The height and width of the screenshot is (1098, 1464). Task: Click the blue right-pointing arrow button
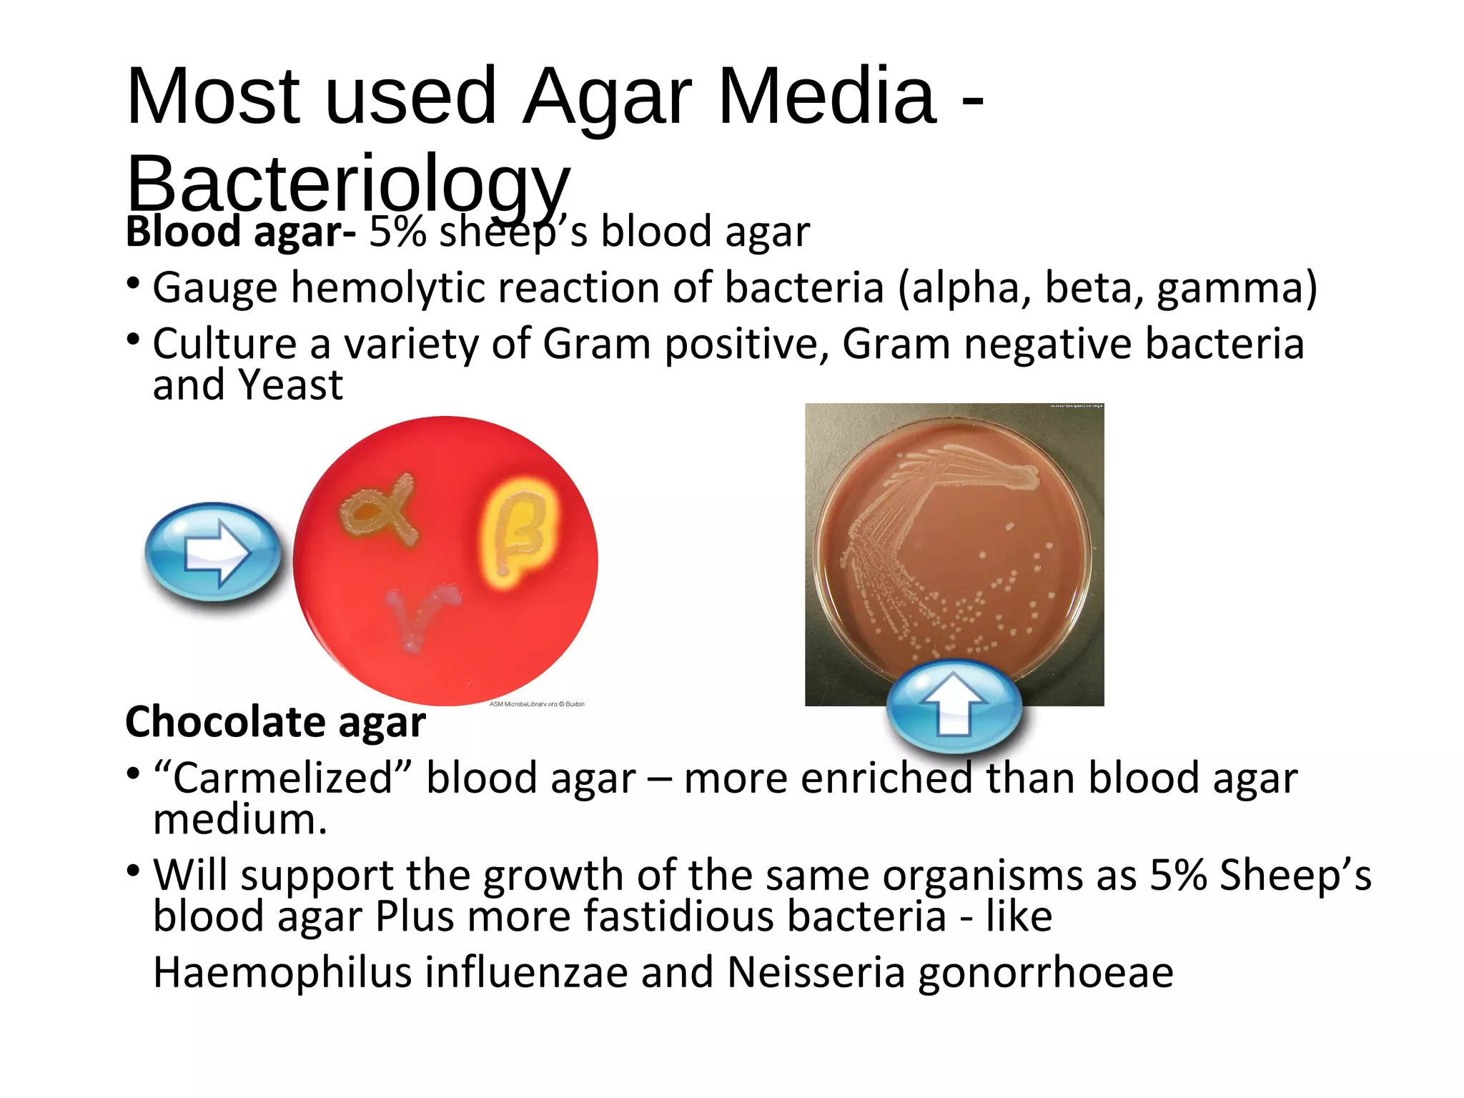click(x=213, y=551)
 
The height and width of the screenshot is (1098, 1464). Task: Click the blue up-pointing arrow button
click(x=954, y=706)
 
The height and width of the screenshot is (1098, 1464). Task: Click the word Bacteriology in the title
click(x=348, y=183)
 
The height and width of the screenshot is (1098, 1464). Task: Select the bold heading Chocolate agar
click(x=275, y=721)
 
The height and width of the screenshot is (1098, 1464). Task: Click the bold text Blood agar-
click(x=240, y=232)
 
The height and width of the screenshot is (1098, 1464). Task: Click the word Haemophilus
click(x=282, y=973)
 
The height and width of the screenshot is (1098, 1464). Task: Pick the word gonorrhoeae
click(x=1045, y=973)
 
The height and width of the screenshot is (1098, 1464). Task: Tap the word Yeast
click(x=290, y=385)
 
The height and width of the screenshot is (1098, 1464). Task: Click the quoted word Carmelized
click(x=283, y=778)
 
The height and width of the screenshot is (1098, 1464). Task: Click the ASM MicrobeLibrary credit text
click(x=536, y=704)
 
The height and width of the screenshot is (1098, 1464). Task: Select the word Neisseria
click(x=816, y=973)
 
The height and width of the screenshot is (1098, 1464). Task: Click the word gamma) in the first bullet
click(x=1237, y=288)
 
